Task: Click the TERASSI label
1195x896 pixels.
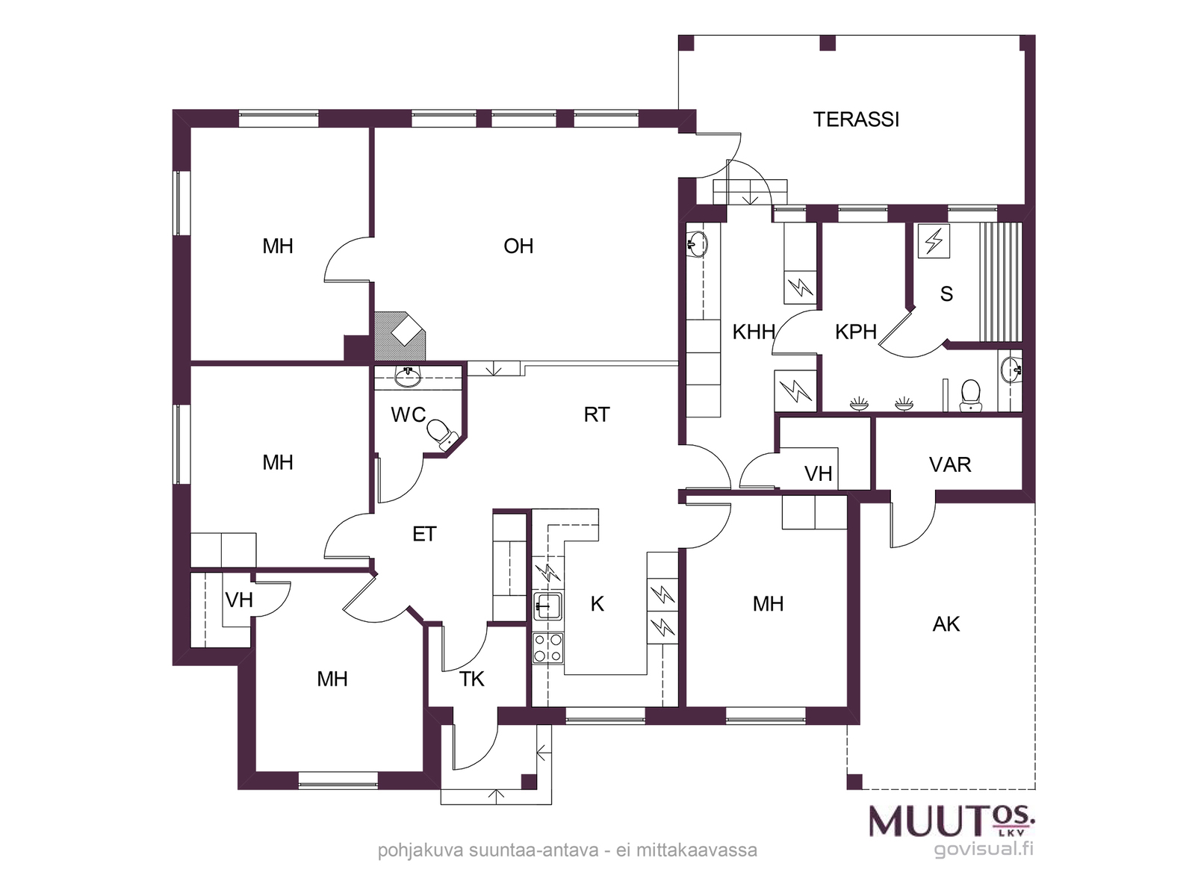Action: pos(856,119)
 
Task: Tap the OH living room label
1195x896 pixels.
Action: pos(518,246)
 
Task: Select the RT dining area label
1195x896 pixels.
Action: pos(597,415)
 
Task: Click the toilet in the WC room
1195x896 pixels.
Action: pos(443,435)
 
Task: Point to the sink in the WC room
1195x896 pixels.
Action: pos(407,376)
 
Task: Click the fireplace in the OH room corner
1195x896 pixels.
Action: pos(400,336)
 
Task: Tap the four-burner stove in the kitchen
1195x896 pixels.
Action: pos(547,648)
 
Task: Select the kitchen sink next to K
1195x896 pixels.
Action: pos(547,606)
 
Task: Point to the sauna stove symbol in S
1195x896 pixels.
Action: pos(934,240)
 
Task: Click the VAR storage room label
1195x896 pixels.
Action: pos(950,465)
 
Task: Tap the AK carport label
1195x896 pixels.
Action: pos(946,624)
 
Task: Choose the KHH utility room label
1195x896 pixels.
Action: pos(754,332)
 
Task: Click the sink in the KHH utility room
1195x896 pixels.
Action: pos(697,243)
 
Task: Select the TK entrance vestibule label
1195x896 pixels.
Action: pos(471,679)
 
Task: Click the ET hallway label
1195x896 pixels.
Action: pos(424,534)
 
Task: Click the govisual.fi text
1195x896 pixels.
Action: pos(984,849)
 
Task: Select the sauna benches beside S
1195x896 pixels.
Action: pos(1001,281)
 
